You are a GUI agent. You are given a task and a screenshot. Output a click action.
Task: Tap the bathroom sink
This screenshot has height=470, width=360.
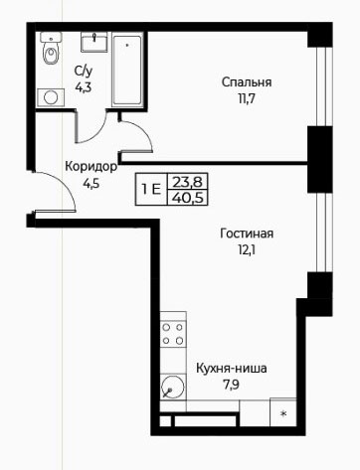[94, 42]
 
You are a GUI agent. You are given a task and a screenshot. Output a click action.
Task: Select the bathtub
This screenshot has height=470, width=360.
[127, 70]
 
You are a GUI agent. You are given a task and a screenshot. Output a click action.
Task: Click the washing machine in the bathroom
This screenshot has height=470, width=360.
[51, 97]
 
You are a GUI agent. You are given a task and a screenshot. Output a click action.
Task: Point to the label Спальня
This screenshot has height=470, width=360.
[247, 82]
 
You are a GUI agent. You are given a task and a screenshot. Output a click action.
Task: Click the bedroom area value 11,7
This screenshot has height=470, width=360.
[247, 98]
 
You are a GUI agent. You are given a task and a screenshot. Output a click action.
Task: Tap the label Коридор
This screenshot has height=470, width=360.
[90, 166]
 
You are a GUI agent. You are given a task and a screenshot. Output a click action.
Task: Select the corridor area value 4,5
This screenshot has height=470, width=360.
[90, 183]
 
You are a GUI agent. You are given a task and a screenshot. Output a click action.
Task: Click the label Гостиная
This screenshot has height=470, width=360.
[247, 234]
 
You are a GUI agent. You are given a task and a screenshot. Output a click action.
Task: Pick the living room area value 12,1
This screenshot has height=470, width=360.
[247, 250]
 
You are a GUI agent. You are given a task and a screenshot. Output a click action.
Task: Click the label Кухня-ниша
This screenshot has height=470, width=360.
[232, 369]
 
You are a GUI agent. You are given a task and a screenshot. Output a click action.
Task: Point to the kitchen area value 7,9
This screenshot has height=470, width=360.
[231, 385]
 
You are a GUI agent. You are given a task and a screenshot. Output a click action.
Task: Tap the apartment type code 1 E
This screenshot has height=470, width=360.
[151, 190]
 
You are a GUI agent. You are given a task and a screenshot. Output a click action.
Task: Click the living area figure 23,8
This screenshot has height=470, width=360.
[188, 182]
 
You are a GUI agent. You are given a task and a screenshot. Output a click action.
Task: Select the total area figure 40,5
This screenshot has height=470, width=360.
[188, 198]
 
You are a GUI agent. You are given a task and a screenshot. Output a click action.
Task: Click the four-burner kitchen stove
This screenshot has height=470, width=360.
[173, 334]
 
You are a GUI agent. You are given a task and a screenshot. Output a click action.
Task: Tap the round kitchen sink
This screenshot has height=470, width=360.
[173, 387]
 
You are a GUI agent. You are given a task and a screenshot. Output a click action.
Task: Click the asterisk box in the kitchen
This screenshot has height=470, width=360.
[283, 412]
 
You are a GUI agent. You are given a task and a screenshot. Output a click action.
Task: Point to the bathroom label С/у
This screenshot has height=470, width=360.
[84, 72]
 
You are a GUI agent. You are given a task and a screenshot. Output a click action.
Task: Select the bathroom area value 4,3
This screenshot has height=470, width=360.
[83, 87]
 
